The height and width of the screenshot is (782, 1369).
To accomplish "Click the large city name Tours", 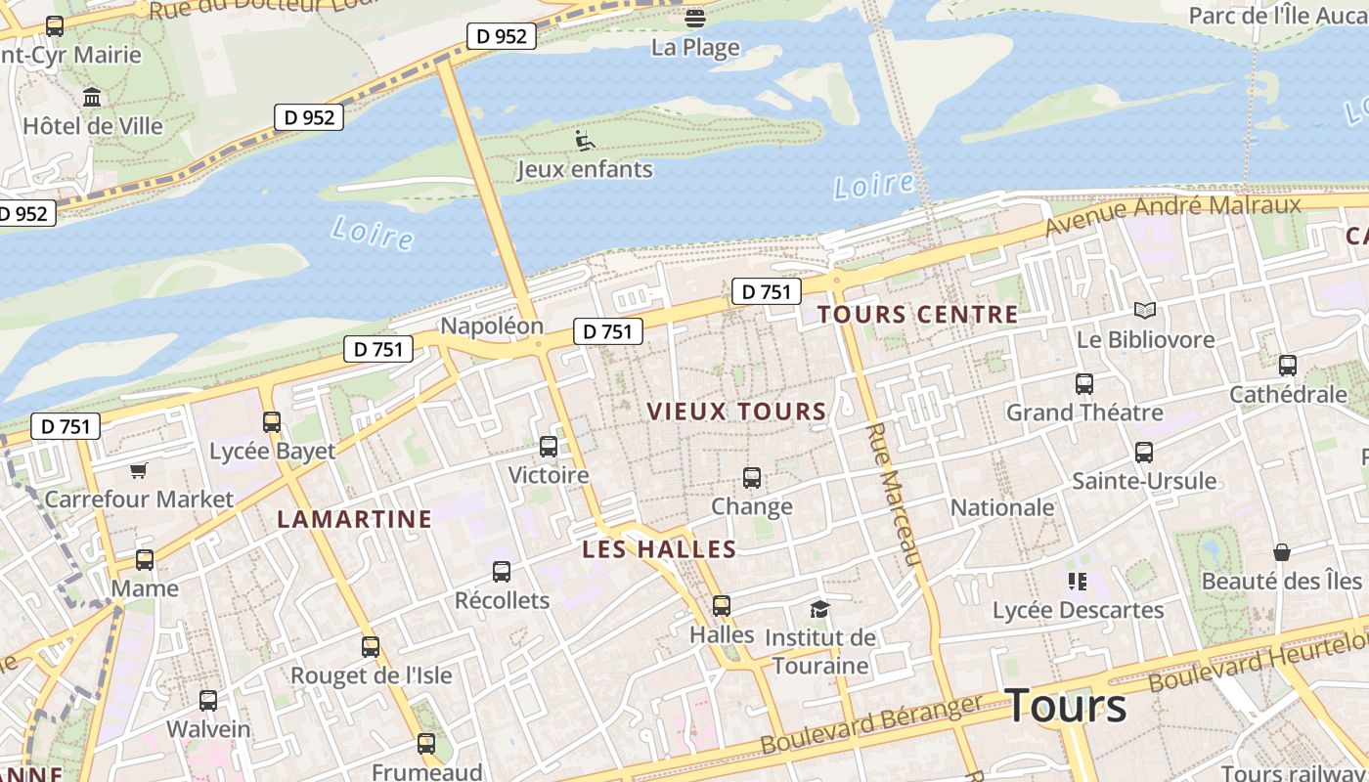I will [x=1065, y=706].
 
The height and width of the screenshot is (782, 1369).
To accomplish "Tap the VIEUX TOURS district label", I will [x=736, y=412].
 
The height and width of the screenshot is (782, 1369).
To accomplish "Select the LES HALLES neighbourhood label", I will [x=658, y=549].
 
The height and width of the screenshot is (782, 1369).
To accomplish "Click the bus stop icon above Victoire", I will [x=549, y=447].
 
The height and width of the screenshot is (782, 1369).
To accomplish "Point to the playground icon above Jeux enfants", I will [x=584, y=141].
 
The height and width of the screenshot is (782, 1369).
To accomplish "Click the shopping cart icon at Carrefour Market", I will [x=138, y=471].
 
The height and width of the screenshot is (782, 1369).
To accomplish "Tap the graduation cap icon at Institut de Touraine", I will [x=819, y=610].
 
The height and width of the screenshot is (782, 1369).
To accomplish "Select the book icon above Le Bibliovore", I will [x=1145, y=311].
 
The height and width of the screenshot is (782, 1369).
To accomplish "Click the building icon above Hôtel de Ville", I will [x=93, y=98].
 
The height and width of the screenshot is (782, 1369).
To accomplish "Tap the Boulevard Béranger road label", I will [x=870, y=724].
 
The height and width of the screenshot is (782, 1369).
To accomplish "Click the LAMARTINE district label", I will [x=354, y=519].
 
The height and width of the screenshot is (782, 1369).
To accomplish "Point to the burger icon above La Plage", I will [x=695, y=18].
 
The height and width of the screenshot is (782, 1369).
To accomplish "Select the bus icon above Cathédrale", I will [x=1288, y=366].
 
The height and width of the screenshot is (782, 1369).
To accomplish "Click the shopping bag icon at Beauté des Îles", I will [x=1281, y=552].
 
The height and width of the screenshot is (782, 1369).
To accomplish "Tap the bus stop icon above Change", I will [x=751, y=477].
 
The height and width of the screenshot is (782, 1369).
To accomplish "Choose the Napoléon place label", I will [x=492, y=326].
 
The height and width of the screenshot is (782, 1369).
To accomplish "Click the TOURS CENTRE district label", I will [x=917, y=315].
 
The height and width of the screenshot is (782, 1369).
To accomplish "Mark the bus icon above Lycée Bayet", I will [x=272, y=422].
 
